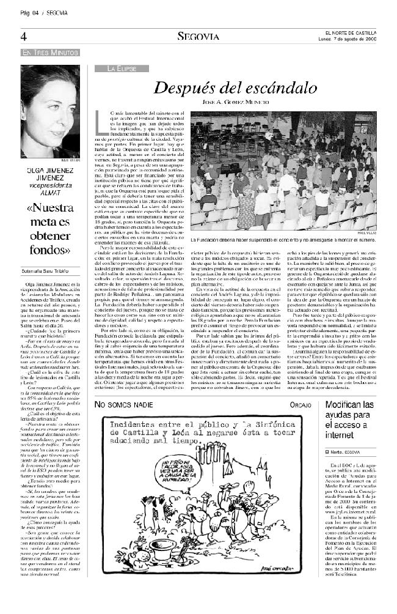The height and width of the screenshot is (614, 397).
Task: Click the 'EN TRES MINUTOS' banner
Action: click(43, 53)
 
